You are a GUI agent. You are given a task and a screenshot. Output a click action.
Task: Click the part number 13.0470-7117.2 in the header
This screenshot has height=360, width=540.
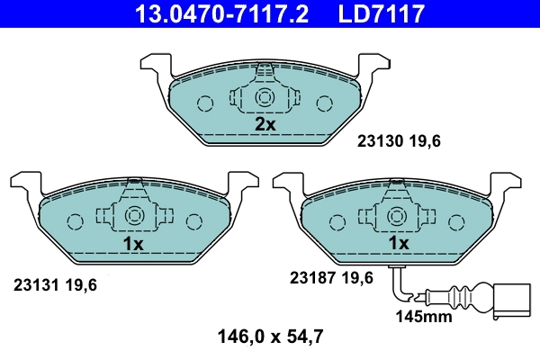[x=209, y=14]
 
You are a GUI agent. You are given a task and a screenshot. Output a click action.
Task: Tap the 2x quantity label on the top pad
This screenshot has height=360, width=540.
[x=265, y=125]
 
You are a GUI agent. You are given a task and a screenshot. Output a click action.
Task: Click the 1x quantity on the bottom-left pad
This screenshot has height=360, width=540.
[x=134, y=244]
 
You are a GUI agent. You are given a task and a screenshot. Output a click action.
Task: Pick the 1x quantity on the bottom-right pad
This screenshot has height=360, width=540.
[x=398, y=244]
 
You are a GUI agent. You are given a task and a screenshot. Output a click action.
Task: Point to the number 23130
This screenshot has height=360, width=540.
[x=380, y=140]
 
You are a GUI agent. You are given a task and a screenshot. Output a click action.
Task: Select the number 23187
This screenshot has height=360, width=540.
[x=310, y=278]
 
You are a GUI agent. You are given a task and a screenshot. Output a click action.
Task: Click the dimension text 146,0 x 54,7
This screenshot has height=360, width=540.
[x=270, y=338]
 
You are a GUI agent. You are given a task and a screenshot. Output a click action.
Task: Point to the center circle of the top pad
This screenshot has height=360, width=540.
[x=265, y=98]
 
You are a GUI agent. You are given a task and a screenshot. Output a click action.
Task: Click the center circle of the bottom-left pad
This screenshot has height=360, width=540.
[x=134, y=217]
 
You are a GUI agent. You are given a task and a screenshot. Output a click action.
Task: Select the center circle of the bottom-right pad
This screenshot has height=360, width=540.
[x=398, y=217]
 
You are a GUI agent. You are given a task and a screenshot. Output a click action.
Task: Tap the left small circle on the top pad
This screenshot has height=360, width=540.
[x=205, y=102]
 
